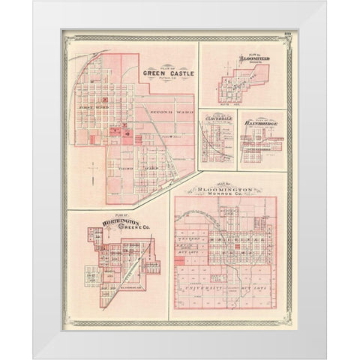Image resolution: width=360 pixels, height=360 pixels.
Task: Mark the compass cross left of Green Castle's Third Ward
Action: point(88,171)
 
